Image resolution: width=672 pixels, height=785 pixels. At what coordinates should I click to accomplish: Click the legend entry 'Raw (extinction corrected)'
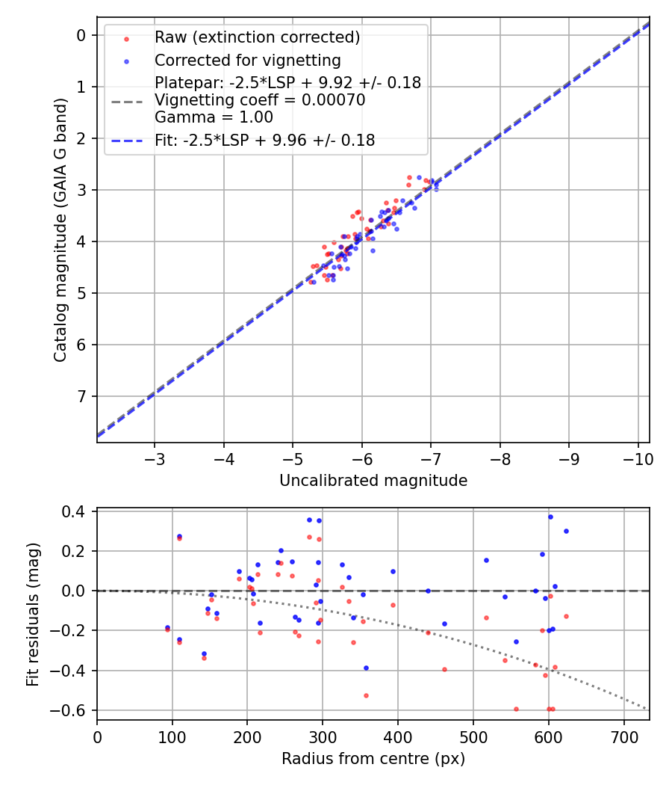257,37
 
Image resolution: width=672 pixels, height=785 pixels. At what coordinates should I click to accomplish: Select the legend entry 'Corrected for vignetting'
247,60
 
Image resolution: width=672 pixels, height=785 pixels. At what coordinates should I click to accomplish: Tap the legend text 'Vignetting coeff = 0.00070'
260,100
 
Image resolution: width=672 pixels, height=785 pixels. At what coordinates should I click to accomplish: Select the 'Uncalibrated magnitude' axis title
373,481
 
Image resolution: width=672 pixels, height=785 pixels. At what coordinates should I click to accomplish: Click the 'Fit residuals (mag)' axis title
32,615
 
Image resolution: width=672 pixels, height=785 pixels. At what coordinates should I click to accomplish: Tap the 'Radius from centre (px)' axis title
373,758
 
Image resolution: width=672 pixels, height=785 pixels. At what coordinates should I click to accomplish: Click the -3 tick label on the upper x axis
155,456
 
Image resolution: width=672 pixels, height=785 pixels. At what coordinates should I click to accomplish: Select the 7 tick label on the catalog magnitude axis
82,396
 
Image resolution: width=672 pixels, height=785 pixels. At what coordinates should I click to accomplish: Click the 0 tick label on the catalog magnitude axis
82,35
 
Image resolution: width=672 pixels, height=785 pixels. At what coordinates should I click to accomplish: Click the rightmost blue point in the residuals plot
566,531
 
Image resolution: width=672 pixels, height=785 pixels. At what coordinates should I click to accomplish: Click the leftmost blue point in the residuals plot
167,627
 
